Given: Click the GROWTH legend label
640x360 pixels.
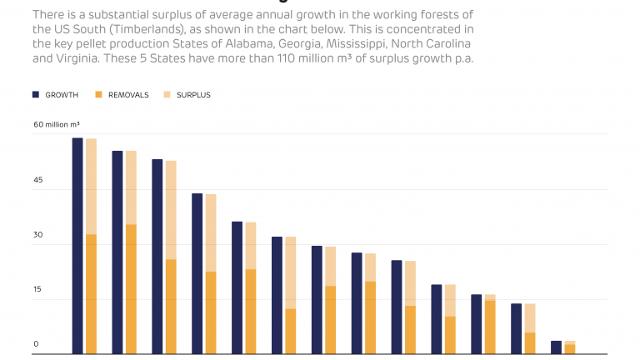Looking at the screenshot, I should coord(62,95).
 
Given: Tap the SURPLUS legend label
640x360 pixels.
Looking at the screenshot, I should coord(193,95).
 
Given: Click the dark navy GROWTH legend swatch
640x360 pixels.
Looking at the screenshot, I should coord(36,95).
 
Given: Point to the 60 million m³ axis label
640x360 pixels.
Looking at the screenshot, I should coord(57,124).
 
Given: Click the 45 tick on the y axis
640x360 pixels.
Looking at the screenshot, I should coord(37,180).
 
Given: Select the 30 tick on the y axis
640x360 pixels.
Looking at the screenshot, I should coord(37,235).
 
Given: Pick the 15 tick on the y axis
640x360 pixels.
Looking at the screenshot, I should coord(37,289).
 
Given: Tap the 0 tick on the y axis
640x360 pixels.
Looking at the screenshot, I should coord(36,344).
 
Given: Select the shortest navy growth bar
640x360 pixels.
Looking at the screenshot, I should coord(556,347).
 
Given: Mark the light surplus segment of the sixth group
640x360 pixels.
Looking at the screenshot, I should coord(291,272).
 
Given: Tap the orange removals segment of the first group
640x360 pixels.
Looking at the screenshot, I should coord(91,294).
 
